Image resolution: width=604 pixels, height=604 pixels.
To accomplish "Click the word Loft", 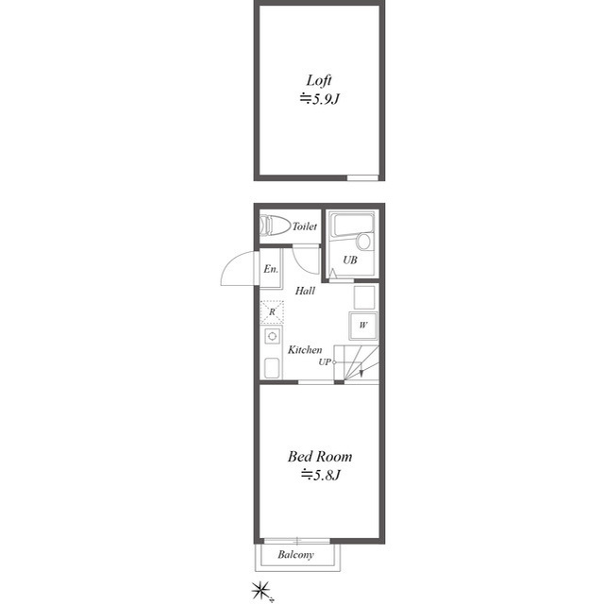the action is coord(319,80).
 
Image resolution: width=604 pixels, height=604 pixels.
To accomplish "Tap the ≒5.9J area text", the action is coord(319,99).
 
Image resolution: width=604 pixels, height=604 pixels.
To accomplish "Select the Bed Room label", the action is coord(320,457).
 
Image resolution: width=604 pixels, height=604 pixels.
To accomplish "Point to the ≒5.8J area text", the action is coord(321,475).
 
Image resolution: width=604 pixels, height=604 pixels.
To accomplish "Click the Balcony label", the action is coord(295,555).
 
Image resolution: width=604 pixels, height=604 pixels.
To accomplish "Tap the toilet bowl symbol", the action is coord(275,226).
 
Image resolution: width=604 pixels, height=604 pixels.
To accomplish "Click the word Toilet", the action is coord(305,226).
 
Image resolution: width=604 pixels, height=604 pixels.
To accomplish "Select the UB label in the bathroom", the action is coord(350,260).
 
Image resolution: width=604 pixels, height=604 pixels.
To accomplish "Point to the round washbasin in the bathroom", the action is coord(363,242).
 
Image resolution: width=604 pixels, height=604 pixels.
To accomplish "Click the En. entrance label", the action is coord(271,268).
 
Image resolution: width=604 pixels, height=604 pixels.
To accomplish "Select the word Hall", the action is coord(305,291).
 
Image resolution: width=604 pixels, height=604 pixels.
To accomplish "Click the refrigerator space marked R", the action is coord(272,311).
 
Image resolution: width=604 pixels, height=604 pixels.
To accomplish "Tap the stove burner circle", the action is coord(273,336).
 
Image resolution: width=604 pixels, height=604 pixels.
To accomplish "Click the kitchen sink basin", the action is coord(272,368).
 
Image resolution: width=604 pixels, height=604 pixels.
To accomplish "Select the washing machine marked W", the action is coord(362,326).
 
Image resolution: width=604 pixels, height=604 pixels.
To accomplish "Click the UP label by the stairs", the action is coord(325,362).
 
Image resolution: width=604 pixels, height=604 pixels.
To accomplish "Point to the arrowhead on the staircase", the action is coord(361,373).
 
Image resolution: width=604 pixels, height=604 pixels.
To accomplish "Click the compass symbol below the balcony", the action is coord(260,590).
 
